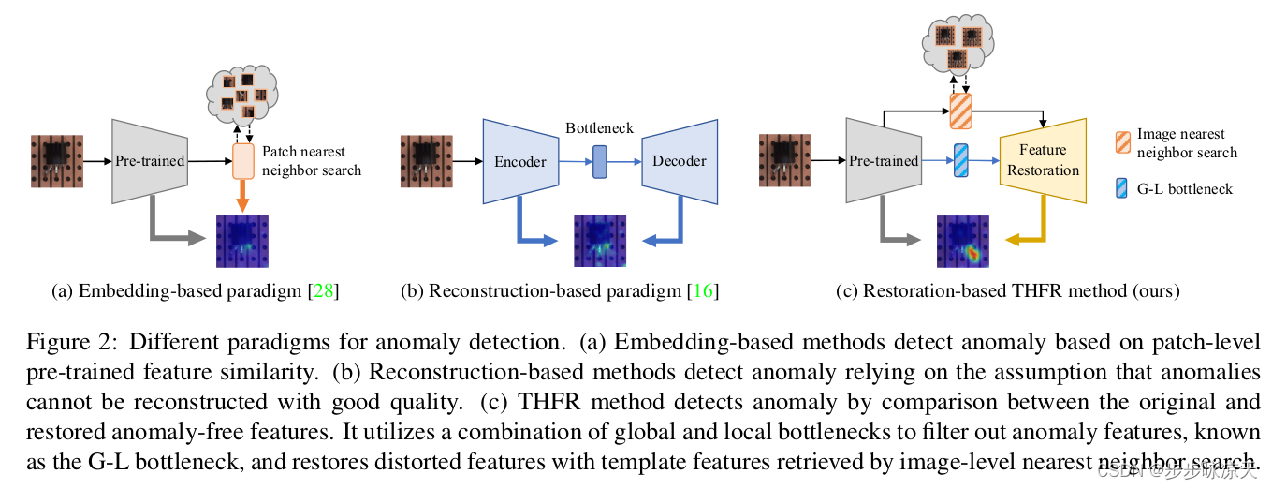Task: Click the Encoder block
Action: point(519,161)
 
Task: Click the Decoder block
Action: point(680,161)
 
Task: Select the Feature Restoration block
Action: point(1043,160)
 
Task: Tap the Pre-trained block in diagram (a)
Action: point(150,161)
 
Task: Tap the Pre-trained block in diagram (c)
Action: point(883,161)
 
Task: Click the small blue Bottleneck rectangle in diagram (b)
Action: point(600,161)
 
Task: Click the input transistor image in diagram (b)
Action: point(427,161)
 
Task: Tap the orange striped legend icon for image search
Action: point(1123,143)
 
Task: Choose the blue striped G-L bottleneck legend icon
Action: point(1123,188)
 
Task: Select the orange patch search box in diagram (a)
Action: point(242,161)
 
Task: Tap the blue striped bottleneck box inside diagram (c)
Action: point(961,160)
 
